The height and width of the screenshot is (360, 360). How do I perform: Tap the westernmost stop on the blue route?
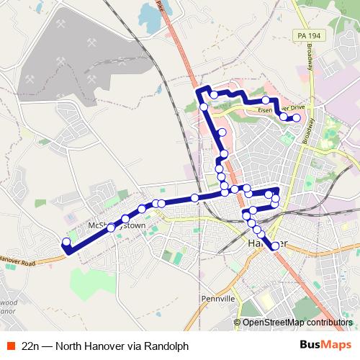point(66,242)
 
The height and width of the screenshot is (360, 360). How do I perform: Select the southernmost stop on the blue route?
point(275,246)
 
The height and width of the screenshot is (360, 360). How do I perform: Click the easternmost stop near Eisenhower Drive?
point(296,117)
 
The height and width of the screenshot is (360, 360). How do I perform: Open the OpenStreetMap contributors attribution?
point(297,323)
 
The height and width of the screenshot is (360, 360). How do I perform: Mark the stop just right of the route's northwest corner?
point(214,94)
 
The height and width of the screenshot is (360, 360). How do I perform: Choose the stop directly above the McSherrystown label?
point(125,218)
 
